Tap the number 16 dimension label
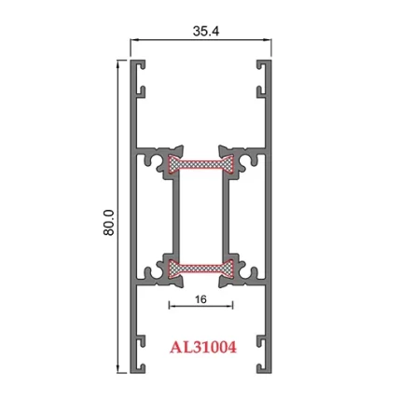click(x=200, y=300)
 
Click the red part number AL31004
click(x=202, y=348)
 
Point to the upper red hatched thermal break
click(x=200, y=166)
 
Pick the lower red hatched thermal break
click(x=200, y=270)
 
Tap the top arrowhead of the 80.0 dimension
click(x=118, y=62)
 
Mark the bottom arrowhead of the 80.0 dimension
click(x=118, y=372)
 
